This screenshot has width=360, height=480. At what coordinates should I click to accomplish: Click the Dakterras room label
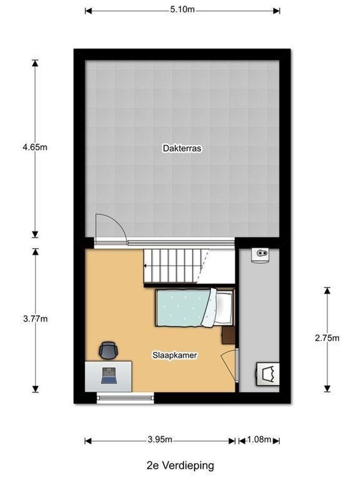[182, 149]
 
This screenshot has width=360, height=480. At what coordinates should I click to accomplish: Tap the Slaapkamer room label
[175, 355]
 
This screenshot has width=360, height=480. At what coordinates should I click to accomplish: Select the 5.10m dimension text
[182, 10]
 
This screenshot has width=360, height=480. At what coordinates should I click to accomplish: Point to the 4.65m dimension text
[35, 147]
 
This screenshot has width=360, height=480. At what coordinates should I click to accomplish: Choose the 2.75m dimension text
[327, 338]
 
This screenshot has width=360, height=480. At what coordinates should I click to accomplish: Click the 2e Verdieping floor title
[180, 466]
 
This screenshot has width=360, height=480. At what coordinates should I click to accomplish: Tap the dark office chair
[108, 350]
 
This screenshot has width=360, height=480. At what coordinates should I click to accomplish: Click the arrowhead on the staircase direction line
[145, 266]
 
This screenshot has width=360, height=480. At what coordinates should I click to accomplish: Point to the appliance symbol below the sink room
[268, 373]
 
